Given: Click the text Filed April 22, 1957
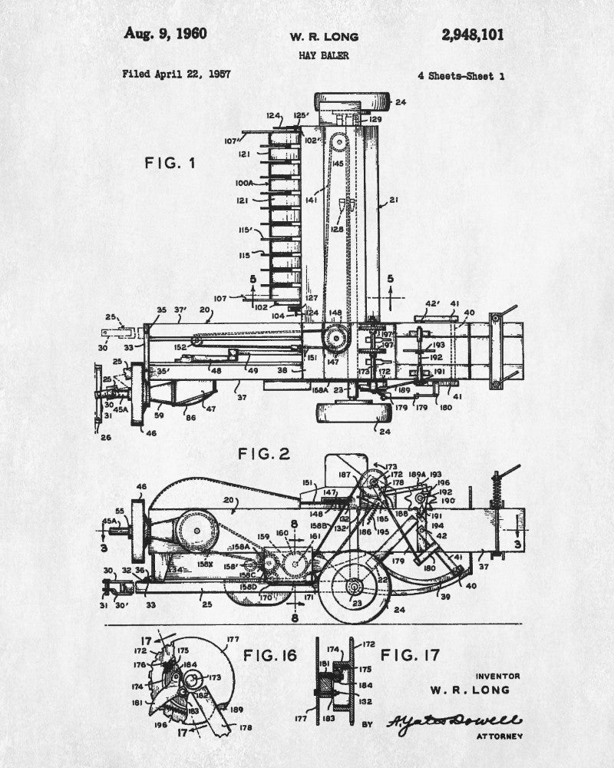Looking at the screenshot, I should (x=176, y=74).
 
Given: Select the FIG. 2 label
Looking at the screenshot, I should (x=263, y=454).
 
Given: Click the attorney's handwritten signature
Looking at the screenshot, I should (x=452, y=721).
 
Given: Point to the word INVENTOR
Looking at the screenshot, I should (x=497, y=676).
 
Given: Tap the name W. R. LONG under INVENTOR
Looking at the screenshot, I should (x=470, y=690).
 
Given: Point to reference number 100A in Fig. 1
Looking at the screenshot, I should (x=245, y=184).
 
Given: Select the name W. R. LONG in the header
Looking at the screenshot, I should (x=323, y=36).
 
